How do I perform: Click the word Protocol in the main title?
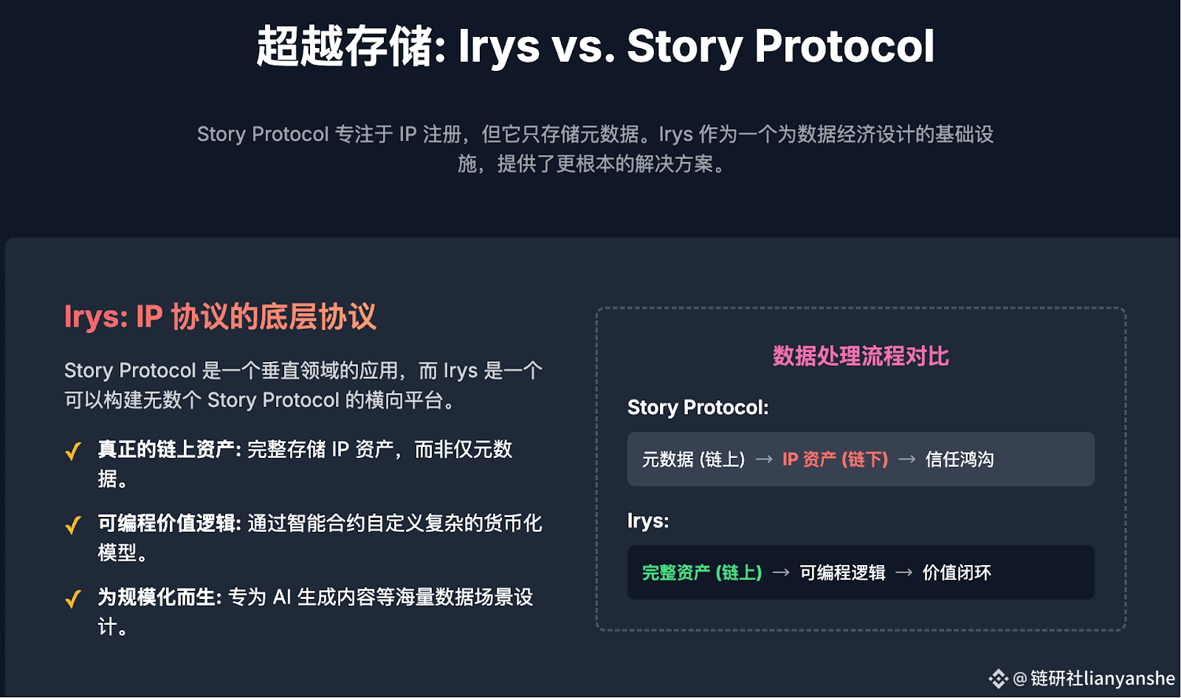coord(844,47)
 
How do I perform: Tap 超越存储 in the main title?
coord(345,47)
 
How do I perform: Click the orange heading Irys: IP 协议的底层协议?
coord(221,317)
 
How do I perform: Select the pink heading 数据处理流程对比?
coord(861,356)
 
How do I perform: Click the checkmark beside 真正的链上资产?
coord(73,451)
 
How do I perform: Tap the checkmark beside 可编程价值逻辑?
coord(73,525)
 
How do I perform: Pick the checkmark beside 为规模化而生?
coord(73,599)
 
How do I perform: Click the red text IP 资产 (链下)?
coord(835,459)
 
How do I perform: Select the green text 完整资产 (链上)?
coord(702,572)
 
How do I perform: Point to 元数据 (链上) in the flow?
coord(693,459)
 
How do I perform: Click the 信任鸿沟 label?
coord(960,459)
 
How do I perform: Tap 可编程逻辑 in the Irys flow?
coord(842,572)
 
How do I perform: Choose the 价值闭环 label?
coord(957,572)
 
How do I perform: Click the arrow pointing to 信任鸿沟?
coord(907,459)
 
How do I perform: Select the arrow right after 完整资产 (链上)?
coord(781,572)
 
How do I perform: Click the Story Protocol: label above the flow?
coord(698,407)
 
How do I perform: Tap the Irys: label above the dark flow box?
coord(648,521)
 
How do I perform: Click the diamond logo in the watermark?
coord(998,679)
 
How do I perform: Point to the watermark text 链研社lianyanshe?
coord(1103,679)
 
